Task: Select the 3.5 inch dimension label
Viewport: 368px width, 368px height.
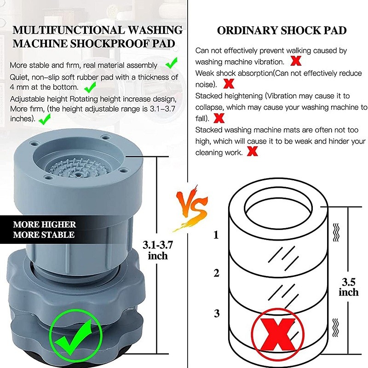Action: [348, 286]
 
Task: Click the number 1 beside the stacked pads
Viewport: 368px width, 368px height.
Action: [216, 236]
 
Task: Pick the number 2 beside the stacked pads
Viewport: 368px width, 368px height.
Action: [216, 273]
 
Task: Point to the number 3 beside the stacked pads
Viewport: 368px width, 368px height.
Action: [216, 314]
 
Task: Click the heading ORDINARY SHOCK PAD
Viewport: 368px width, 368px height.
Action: [282, 31]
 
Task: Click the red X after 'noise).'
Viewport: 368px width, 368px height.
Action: [227, 84]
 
